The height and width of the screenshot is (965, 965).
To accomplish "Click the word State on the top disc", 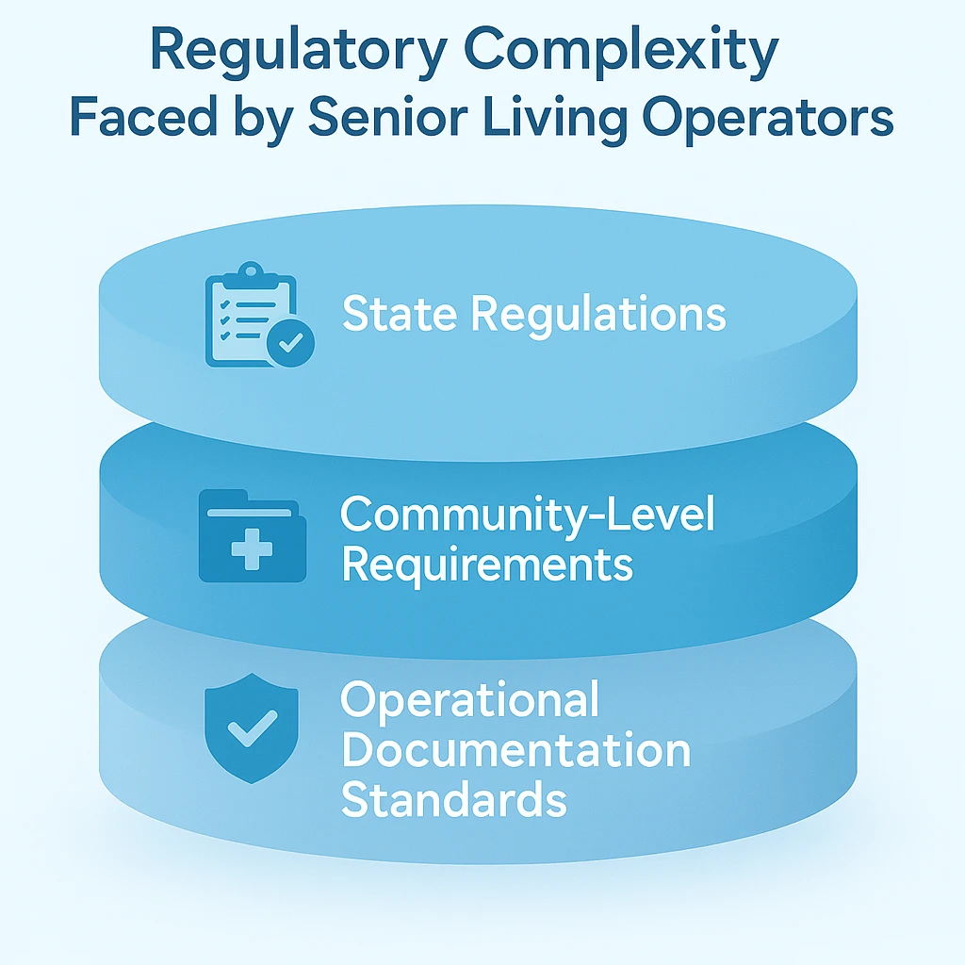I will point(400,314).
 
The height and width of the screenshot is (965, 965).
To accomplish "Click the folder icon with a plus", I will point(252,535).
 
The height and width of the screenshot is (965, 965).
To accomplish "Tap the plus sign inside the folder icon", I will point(252,548).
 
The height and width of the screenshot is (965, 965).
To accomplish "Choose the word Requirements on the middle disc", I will point(486,564).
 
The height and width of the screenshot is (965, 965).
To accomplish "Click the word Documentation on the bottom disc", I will point(515,751).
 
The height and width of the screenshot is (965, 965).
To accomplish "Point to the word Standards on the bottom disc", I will point(453,800).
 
